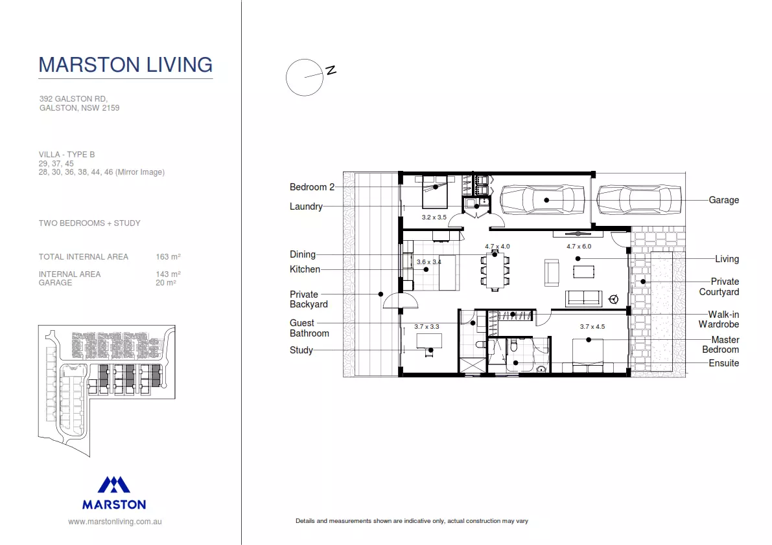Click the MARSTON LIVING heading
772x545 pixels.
pyautogui.click(x=126, y=65)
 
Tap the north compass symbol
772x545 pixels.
pyautogui.click(x=305, y=77)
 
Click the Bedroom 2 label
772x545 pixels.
pyautogui.click(x=312, y=187)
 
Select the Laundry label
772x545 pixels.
pyautogui.click(x=306, y=206)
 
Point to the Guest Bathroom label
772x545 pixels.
pyautogui.click(x=309, y=328)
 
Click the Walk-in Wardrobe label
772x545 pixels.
pyautogui.click(x=718, y=319)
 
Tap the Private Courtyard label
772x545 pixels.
pyautogui.click(x=719, y=287)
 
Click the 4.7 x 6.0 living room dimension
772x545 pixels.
pyautogui.click(x=578, y=247)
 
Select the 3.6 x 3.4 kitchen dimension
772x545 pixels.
pyautogui.click(x=428, y=262)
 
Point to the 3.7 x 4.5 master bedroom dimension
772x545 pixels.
pyautogui.click(x=592, y=327)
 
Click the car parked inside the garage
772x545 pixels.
pyautogui.click(x=543, y=200)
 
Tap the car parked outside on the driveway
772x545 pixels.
pyautogui.click(x=638, y=200)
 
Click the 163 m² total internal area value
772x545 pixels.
pyautogui.click(x=168, y=257)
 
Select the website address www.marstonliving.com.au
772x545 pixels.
pyautogui.click(x=115, y=521)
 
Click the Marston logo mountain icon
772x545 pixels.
pyautogui.click(x=114, y=485)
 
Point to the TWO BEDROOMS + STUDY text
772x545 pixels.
pyautogui.click(x=89, y=223)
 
